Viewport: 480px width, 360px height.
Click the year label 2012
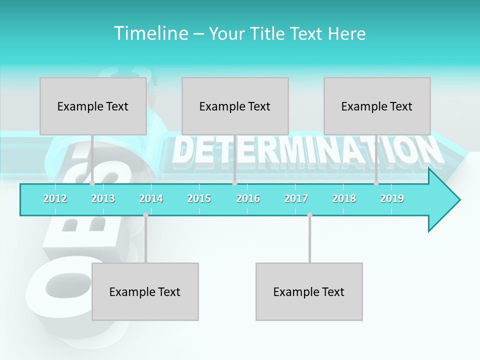click(55, 198)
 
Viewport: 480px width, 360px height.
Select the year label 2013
click(103, 198)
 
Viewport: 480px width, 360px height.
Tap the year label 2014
click(151, 198)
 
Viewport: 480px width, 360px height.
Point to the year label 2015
click(199, 198)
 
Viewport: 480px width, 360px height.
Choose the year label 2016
click(248, 198)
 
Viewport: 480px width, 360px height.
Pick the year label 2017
click(296, 198)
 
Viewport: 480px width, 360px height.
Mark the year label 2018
click(344, 198)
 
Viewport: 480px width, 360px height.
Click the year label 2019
click(392, 198)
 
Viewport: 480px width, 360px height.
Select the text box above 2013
click(93, 106)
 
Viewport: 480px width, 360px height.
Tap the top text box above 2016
click(235, 106)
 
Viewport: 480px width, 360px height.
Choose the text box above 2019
click(377, 106)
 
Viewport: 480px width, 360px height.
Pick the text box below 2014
click(145, 291)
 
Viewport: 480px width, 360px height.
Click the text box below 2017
click(309, 291)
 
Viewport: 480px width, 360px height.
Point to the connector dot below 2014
click(145, 215)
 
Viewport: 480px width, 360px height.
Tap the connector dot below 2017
click(309, 215)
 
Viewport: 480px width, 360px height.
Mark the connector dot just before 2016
click(234, 183)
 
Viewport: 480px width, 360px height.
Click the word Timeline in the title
click(150, 33)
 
